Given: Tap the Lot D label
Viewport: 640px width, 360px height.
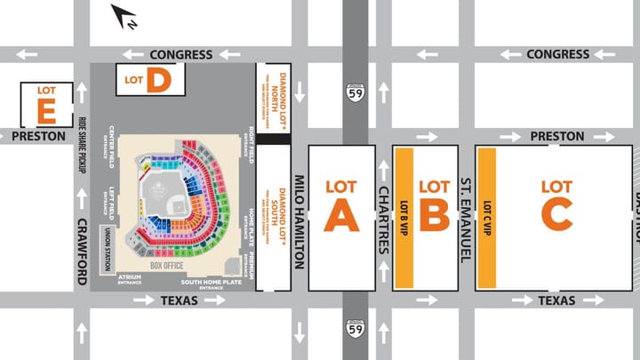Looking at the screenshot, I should coord(148,80).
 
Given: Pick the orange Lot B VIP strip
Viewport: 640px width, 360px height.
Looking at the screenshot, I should coord(404,218).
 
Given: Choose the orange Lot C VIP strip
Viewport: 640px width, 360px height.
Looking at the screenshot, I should coord(486,218).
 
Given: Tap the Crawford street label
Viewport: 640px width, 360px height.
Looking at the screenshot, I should coord(82,252).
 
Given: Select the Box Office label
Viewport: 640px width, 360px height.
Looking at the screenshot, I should coord(166,266).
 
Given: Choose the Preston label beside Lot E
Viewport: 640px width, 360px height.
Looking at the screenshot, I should coord(39,137).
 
